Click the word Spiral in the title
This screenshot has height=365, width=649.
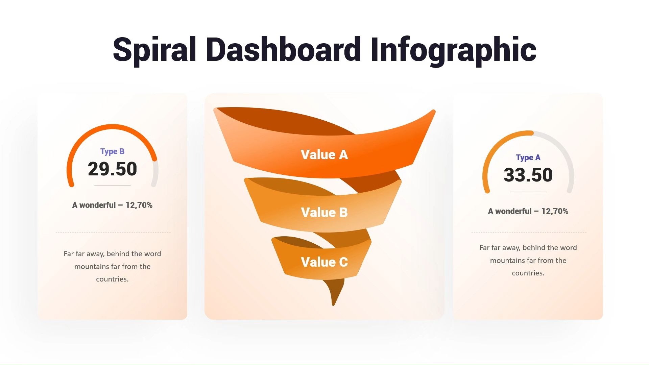[x=154, y=50]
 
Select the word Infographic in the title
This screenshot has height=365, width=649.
[x=453, y=50]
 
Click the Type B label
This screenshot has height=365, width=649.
[x=112, y=151]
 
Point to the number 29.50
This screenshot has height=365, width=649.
[x=112, y=169]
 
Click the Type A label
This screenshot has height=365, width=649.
[x=528, y=157]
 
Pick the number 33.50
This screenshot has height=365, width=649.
[x=528, y=175]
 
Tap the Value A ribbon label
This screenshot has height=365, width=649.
[x=324, y=154]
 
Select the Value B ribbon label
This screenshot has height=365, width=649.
[x=324, y=212]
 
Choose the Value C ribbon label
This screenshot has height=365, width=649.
[x=324, y=262]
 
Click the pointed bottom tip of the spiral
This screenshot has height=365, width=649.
[x=333, y=305]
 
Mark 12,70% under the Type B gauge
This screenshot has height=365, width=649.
[x=139, y=205]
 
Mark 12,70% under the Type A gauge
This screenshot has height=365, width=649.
[x=555, y=211]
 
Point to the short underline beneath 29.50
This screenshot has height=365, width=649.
[x=112, y=186]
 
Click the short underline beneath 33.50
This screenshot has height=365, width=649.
[x=528, y=192]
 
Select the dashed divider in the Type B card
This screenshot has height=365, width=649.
[x=113, y=232]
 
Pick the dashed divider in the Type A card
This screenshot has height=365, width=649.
[x=529, y=232]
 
